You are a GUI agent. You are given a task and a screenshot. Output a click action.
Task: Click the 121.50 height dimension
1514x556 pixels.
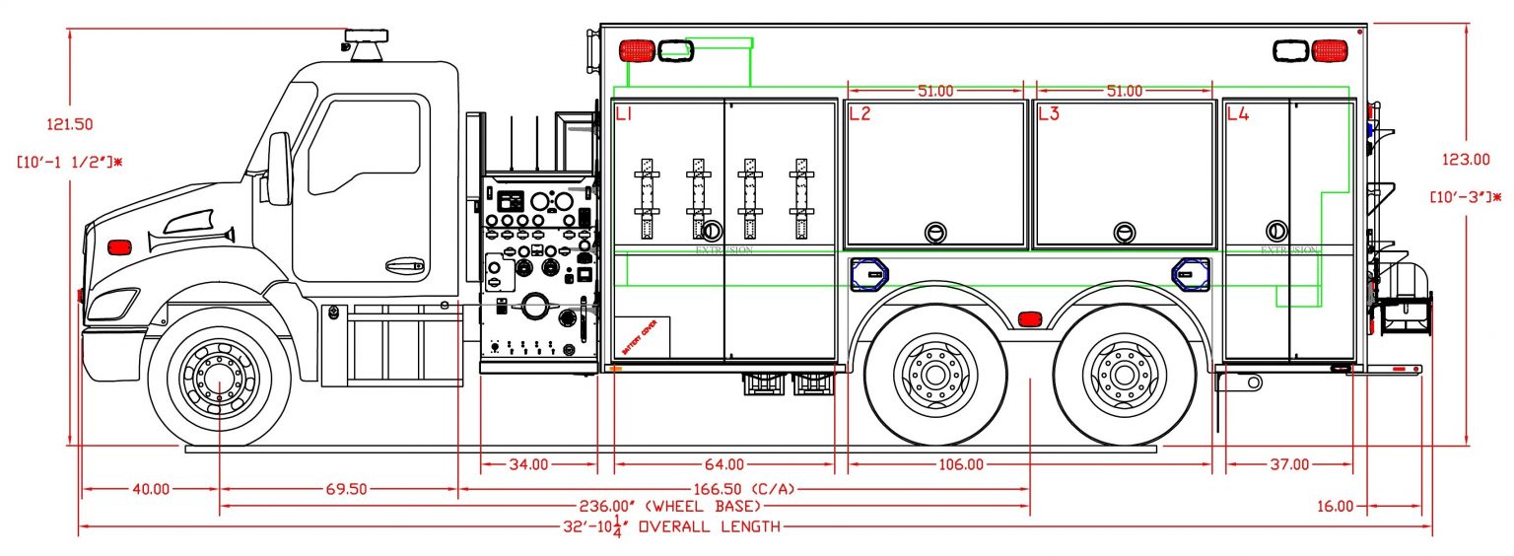pyautogui.click(x=70, y=124)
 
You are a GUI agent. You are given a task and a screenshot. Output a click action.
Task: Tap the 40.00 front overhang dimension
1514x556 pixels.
pyautogui.click(x=151, y=488)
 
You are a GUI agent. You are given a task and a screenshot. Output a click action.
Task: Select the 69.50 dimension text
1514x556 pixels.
pyautogui.click(x=339, y=488)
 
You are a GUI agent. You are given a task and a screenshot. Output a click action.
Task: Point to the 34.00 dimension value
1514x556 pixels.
pyautogui.click(x=538, y=464)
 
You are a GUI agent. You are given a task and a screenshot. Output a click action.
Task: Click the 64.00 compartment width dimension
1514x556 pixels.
pyautogui.click(x=724, y=464)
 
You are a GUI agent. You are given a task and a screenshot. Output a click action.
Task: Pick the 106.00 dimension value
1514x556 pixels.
pyautogui.click(x=961, y=464)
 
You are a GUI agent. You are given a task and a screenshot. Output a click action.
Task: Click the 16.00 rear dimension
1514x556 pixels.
pyautogui.click(x=1335, y=506)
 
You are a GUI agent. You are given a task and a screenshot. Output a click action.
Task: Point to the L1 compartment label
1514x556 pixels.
pyautogui.click(x=624, y=114)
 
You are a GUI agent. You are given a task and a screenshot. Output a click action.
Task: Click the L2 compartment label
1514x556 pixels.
pyautogui.click(x=860, y=113)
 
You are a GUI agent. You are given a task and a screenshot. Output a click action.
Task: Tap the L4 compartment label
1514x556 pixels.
pyautogui.click(x=1237, y=113)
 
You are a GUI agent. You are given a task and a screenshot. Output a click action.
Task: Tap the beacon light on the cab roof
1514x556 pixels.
pyautogui.click(x=366, y=44)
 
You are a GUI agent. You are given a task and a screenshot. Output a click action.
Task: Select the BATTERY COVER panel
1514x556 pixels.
pyautogui.click(x=642, y=338)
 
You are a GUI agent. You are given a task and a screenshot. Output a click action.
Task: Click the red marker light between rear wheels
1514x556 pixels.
pyautogui.click(x=1029, y=318)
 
